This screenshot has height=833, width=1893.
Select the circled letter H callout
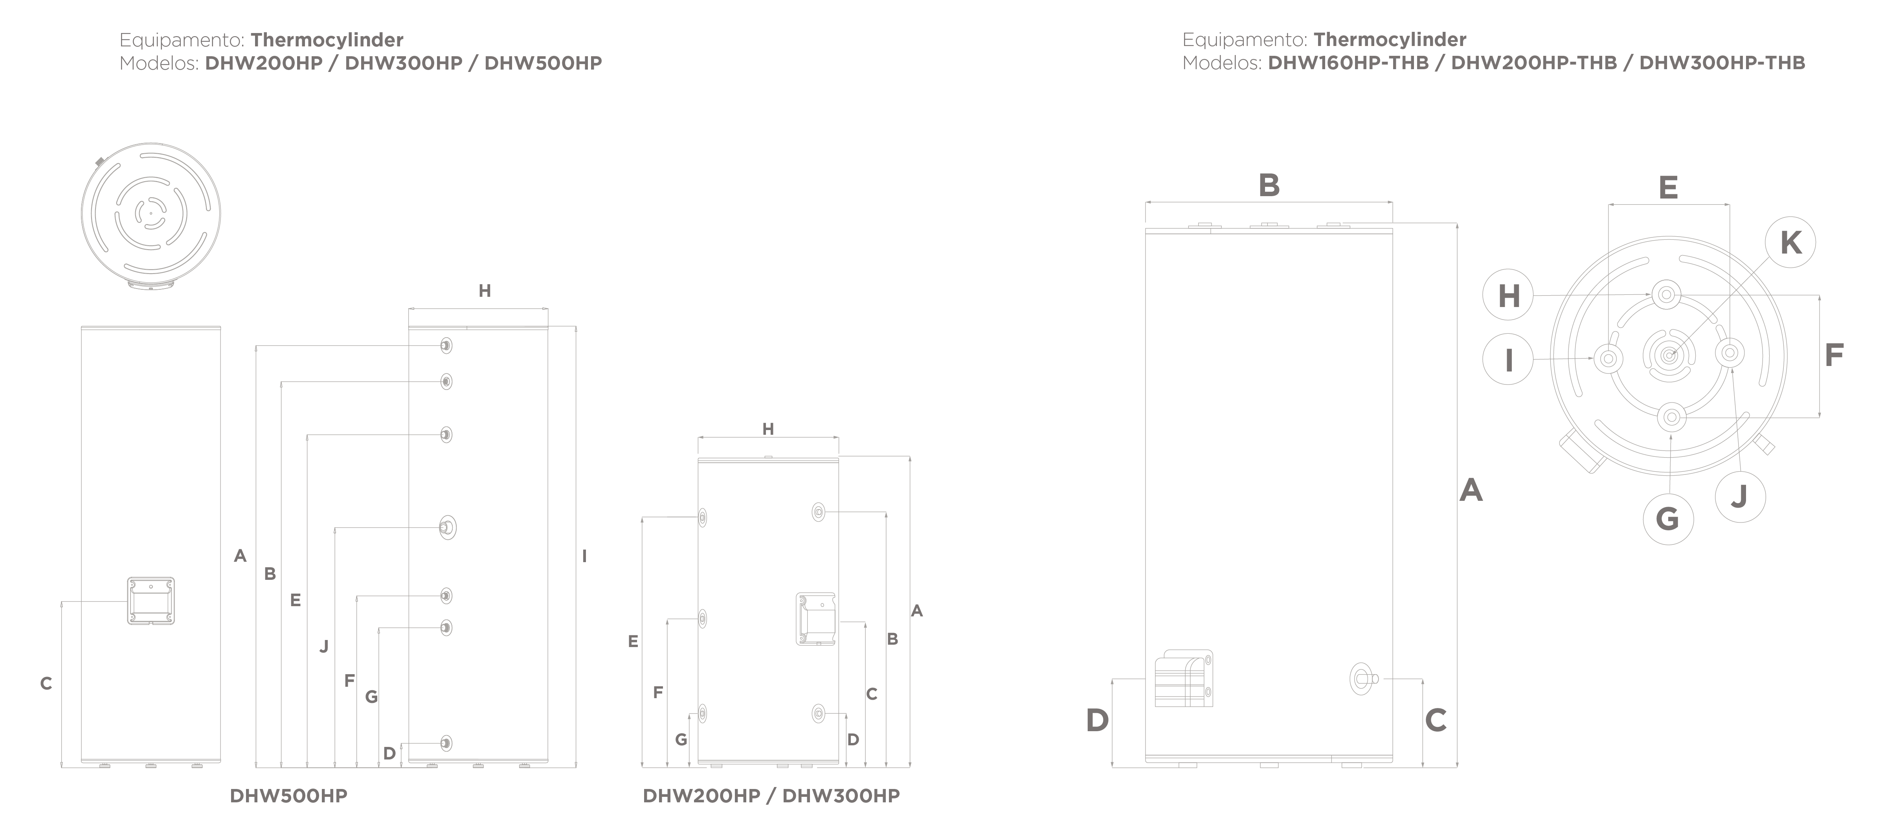[x=1509, y=296]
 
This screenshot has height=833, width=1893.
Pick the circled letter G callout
[x=1668, y=519]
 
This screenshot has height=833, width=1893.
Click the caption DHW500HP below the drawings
[x=289, y=796]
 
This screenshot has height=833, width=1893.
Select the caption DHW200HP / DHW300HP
[x=771, y=796]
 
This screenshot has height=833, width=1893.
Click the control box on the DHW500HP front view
[x=151, y=601]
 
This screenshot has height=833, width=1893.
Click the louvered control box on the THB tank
[x=1183, y=678]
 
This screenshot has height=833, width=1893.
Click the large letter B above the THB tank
[x=1269, y=185]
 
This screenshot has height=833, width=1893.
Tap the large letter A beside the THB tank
[x=1471, y=490]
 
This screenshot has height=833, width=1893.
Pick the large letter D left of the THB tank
[x=1097, y=721]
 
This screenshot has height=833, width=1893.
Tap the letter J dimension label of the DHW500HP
[x=323, y=646]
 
